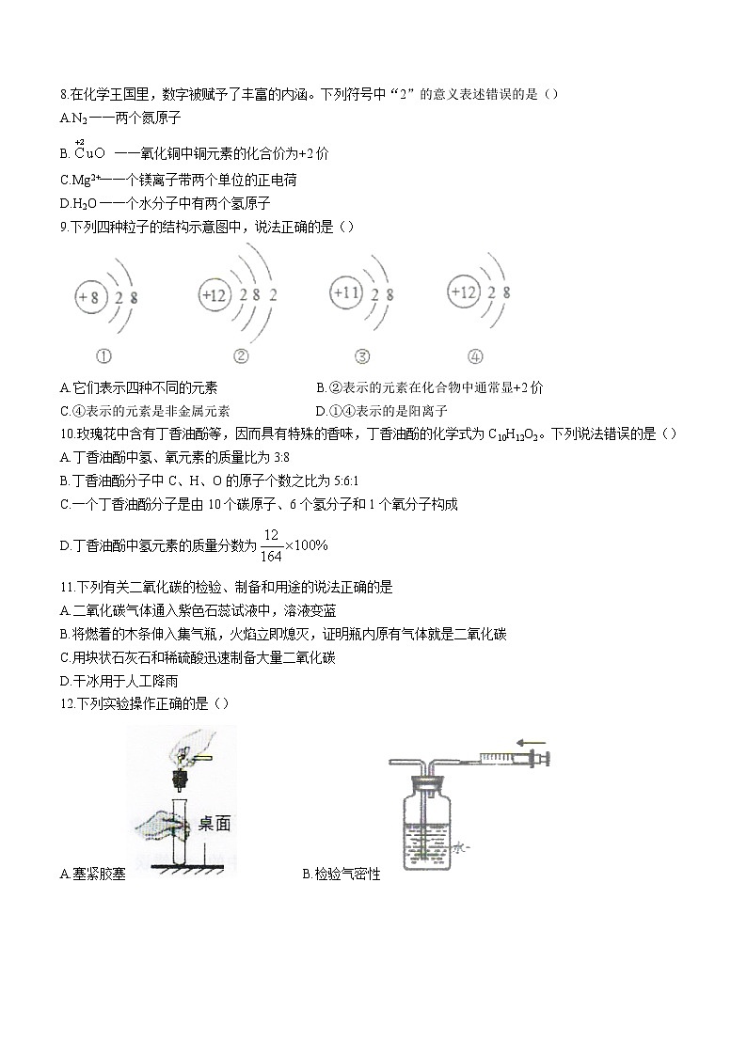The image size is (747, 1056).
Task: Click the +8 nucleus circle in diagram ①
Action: click(x=89, y=298)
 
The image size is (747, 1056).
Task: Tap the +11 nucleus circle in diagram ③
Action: click(x=346, y=293)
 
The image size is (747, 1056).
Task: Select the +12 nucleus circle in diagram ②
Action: click(x=215, y=295)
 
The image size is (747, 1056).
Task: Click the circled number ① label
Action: click(x=103, y=356)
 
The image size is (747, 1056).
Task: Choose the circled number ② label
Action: click(x=240, y=356)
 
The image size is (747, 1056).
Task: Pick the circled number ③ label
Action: click(x=362, y=356)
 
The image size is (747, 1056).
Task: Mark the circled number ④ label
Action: click(x=476, y=356)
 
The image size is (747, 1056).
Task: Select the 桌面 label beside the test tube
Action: click(x=215, y=825)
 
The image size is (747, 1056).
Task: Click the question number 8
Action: click(x=63, y=94)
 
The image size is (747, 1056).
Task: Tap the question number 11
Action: click(x=65, y=587)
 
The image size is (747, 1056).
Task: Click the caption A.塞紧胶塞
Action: click(x=92, y=875)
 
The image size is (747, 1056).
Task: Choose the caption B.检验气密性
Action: click(x=342, y=875)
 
